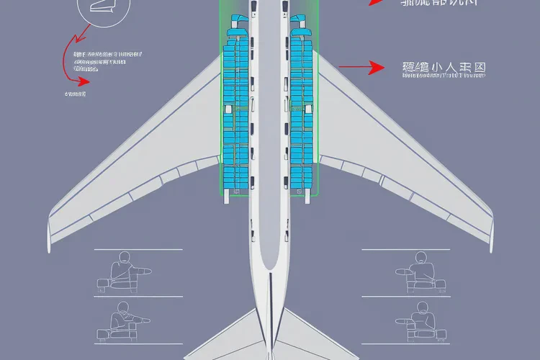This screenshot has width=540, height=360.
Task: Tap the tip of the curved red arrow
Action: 86,81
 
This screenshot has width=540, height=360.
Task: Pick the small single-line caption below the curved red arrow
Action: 75,93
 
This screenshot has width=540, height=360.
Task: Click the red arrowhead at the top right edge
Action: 375,2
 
